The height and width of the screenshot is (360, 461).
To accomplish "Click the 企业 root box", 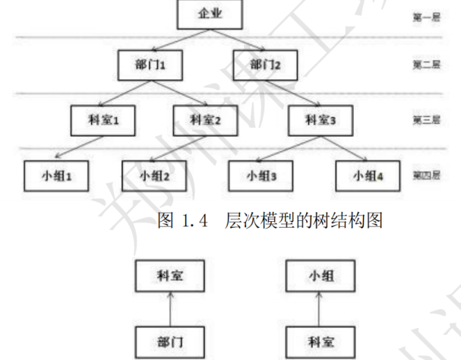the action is pos(207,14).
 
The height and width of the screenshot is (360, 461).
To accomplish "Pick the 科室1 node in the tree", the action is pos(101,119).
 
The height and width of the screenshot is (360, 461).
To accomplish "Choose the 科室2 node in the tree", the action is pos(206,119).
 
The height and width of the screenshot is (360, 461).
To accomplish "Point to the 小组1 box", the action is pos(54,175).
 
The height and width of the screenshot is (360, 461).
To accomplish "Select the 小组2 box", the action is pos(153,175).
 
